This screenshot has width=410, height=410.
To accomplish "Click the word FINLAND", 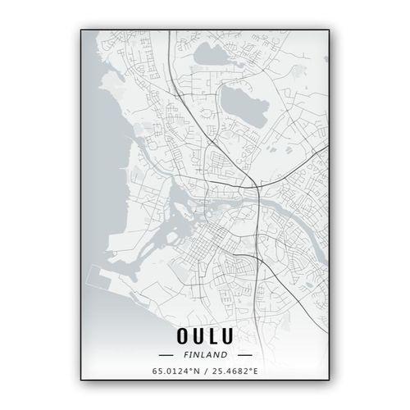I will point(206,355).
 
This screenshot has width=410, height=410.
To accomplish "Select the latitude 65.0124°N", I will point(175,372).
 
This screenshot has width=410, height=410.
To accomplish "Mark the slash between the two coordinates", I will point(206,372).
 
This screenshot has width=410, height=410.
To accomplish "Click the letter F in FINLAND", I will point(185,355).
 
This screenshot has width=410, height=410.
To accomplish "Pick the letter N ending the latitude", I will point(197,372).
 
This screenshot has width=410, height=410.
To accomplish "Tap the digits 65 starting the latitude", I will point(157,372).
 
